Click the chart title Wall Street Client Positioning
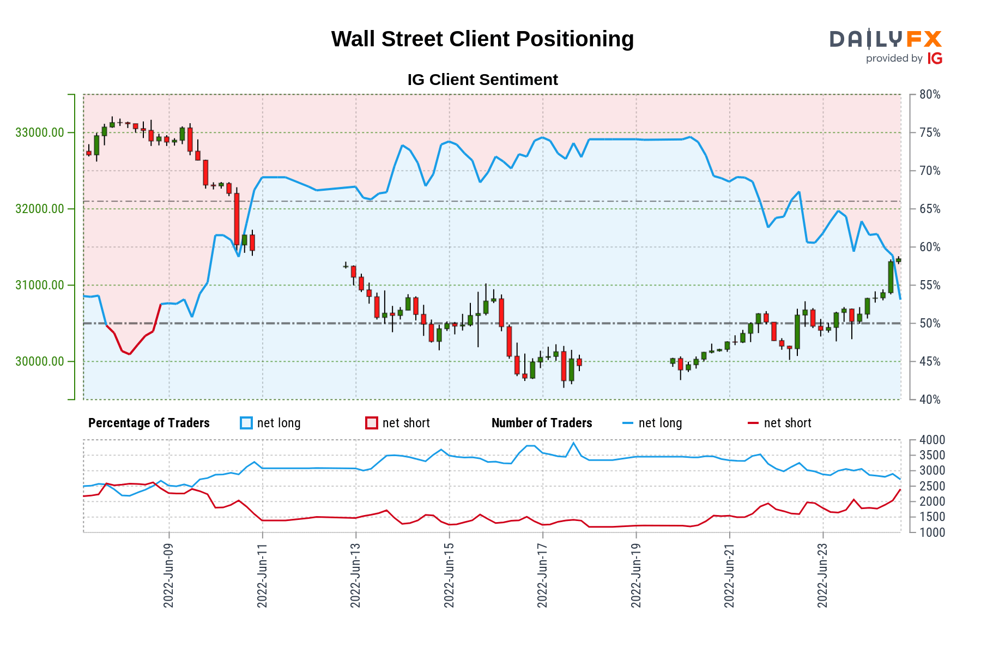tap(482, 39)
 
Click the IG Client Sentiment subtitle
tap(482, 80)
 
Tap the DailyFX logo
tap(886, 39)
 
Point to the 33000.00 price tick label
tap(39, 132)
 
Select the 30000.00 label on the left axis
tap(39, 361)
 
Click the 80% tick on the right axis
tap(930, 94)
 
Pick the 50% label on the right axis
tap(930, 323)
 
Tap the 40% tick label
tap(930, 399)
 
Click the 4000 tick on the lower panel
tap(932, 440)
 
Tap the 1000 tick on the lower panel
tap(932, 532)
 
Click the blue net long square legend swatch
tap(246, 423)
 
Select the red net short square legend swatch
tap(372, 423)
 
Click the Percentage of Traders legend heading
tap(149, 423)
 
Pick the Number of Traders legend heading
tap(542, 423)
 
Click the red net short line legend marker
tap(753, 423)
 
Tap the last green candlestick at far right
tap(899, 261)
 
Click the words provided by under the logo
tap(894, 58)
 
